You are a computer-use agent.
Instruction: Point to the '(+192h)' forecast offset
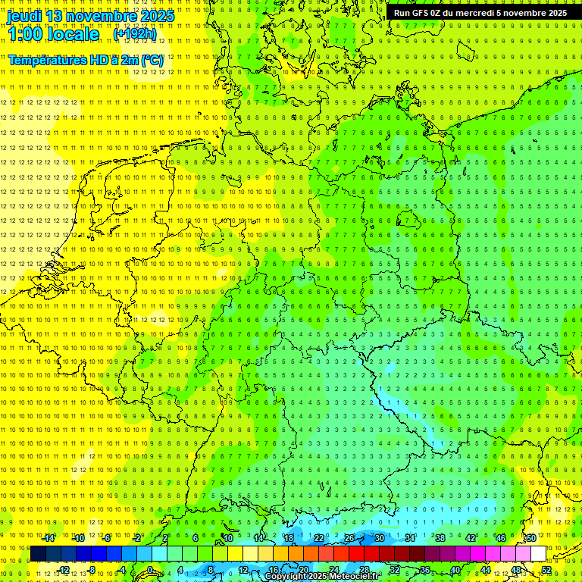click(x=135, y=34)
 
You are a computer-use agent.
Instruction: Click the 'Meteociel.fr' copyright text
click(x=355, y=577)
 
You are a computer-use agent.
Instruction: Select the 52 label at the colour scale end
click(x=546, y=570)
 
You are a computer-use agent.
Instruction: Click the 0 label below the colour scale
click(x=150, y=570)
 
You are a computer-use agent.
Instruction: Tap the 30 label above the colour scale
click(x=379, y=538)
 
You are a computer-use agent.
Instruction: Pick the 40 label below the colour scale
click(x=455, y=570)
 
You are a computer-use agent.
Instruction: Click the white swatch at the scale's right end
click(x=538, y=554)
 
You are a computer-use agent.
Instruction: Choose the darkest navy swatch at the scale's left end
click(x=38, y=554)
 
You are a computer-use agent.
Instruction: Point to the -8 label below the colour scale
click(x=92, y=570)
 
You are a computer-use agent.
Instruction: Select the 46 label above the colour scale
click(x=500, y=538)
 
